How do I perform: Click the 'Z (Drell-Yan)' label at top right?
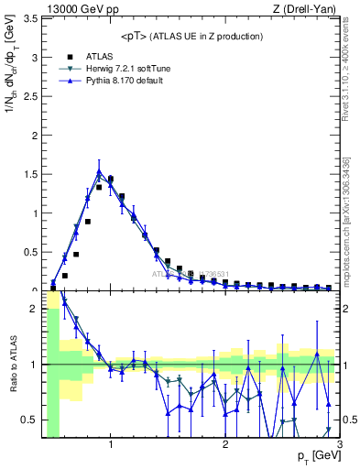[x=310, y=8]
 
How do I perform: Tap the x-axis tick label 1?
[x=111, y=444]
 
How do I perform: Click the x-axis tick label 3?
[x=339, y=444]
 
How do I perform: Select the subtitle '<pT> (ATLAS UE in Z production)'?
[x=191, y=36]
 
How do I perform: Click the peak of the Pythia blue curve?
[x=99, y=171]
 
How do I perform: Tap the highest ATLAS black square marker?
[x=111, y=179]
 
